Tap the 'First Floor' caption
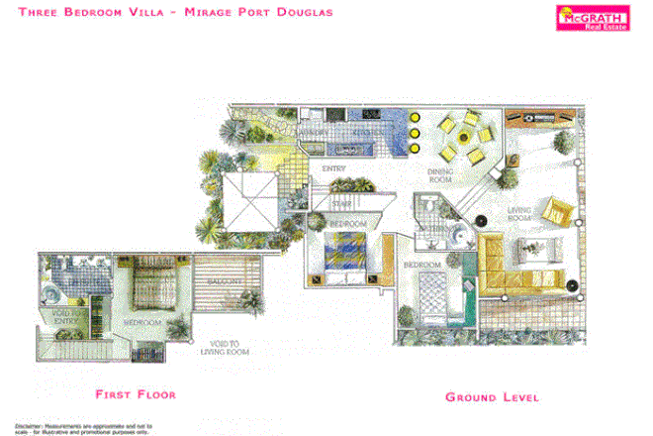point(136,394)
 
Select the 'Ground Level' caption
point(491,397)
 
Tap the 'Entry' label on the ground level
point(332,168)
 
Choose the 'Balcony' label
point(226,282)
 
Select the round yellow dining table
point(460,138)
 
